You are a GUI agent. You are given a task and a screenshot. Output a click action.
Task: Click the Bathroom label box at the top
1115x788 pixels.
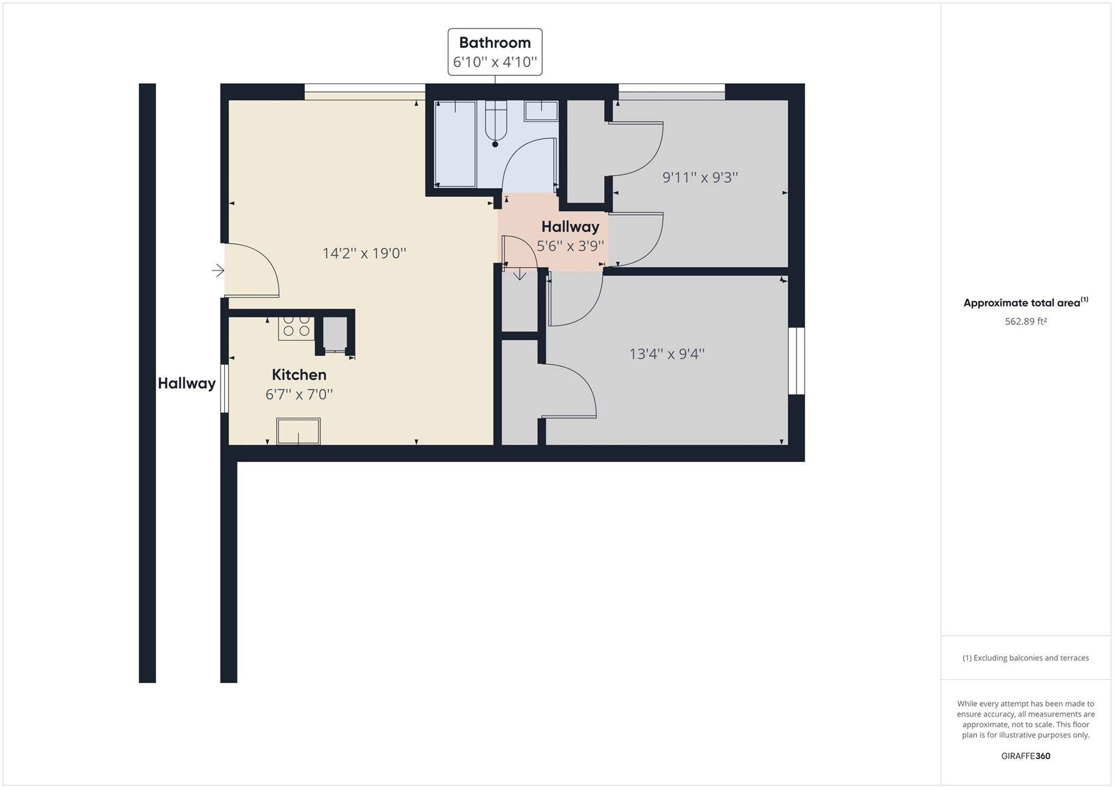[494, 52]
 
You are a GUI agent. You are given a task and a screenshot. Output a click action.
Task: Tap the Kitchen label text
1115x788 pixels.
[299, 374]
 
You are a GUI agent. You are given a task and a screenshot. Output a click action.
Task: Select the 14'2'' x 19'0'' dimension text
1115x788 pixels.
[364, 253]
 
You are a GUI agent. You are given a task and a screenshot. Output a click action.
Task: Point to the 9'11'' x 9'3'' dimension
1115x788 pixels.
[700, 177]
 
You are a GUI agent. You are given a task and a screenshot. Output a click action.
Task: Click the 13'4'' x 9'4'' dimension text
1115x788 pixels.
[667, 354]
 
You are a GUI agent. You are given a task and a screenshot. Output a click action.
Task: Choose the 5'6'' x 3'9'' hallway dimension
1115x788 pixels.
[570, 246]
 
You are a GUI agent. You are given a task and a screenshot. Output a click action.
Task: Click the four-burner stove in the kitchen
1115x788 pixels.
[296, 327]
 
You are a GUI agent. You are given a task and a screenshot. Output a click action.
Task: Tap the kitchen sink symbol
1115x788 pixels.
[298, 431]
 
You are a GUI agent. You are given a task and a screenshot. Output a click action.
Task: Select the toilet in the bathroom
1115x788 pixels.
[495, 122]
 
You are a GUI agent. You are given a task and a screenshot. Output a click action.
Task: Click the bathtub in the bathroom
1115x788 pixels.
[456, 144]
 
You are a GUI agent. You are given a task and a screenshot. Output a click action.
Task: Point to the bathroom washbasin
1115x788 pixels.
[541, 110]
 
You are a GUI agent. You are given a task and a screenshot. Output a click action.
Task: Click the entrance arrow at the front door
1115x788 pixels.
[218, 270]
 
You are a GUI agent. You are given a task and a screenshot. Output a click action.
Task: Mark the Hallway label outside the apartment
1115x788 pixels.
[187, 384]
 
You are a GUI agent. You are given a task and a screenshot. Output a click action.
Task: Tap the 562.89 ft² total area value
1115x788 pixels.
[1026, 322]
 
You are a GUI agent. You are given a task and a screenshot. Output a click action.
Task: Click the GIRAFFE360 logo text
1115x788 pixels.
[1026, 756]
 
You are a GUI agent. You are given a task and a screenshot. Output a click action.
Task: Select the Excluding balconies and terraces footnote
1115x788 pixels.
[1026, 658]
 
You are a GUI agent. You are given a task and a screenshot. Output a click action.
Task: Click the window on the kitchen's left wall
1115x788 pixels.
[224, 388]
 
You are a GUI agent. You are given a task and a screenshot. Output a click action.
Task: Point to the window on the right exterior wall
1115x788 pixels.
[797, 361]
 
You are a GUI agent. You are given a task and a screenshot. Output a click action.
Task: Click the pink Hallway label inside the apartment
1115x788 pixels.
[570, 226]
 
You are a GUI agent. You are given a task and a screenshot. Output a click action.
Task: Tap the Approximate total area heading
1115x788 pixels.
[1026, 303]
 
